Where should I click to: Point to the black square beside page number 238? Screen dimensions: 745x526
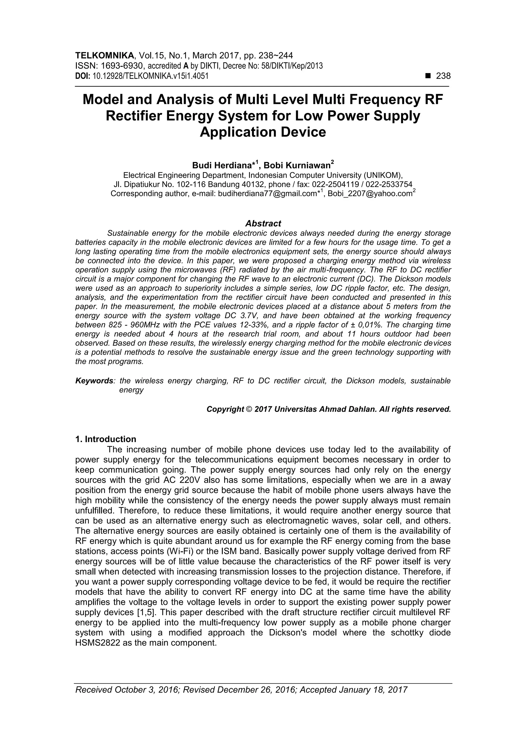tap(428, 76)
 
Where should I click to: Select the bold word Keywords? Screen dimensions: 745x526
tap(94, 381)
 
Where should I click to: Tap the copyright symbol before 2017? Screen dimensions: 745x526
tap(249, 409)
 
